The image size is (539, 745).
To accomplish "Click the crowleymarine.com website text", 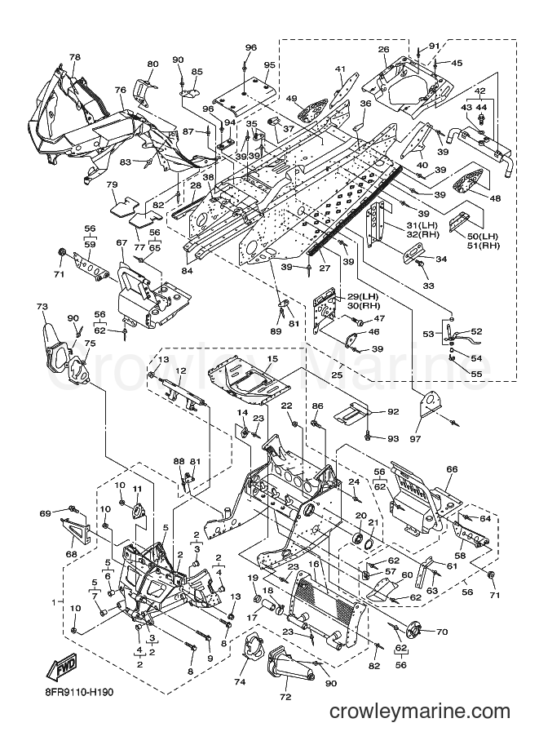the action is pos(419,712).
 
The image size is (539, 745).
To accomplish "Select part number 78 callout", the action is pos(75,57).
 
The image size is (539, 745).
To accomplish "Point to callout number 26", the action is pos(383,50).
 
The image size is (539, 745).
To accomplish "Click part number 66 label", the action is pos(452,469).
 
